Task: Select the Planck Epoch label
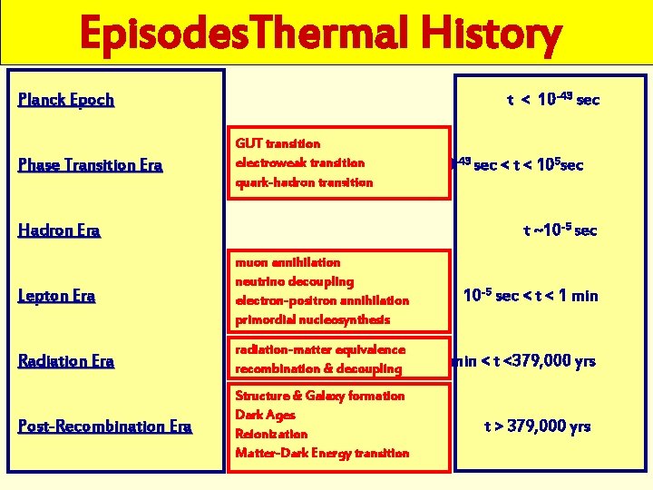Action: click(66, 100)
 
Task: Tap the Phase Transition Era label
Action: click(91, 165)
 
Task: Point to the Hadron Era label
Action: click(59, 230)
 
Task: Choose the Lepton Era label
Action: click(57, 296)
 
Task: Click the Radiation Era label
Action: click(66, 361)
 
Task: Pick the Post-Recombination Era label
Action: click(104, 426)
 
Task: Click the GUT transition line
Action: click(278, 143)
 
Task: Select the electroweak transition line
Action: click(299, 163)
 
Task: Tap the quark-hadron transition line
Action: click(304, 182)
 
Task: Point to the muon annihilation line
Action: click(288, 262)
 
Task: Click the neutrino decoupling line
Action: click(294, 281)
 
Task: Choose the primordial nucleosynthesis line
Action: click(312, 319)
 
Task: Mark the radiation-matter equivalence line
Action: click(320, 349)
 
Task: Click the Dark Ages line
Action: click(264, 415)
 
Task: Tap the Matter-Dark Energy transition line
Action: click(322, 453)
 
